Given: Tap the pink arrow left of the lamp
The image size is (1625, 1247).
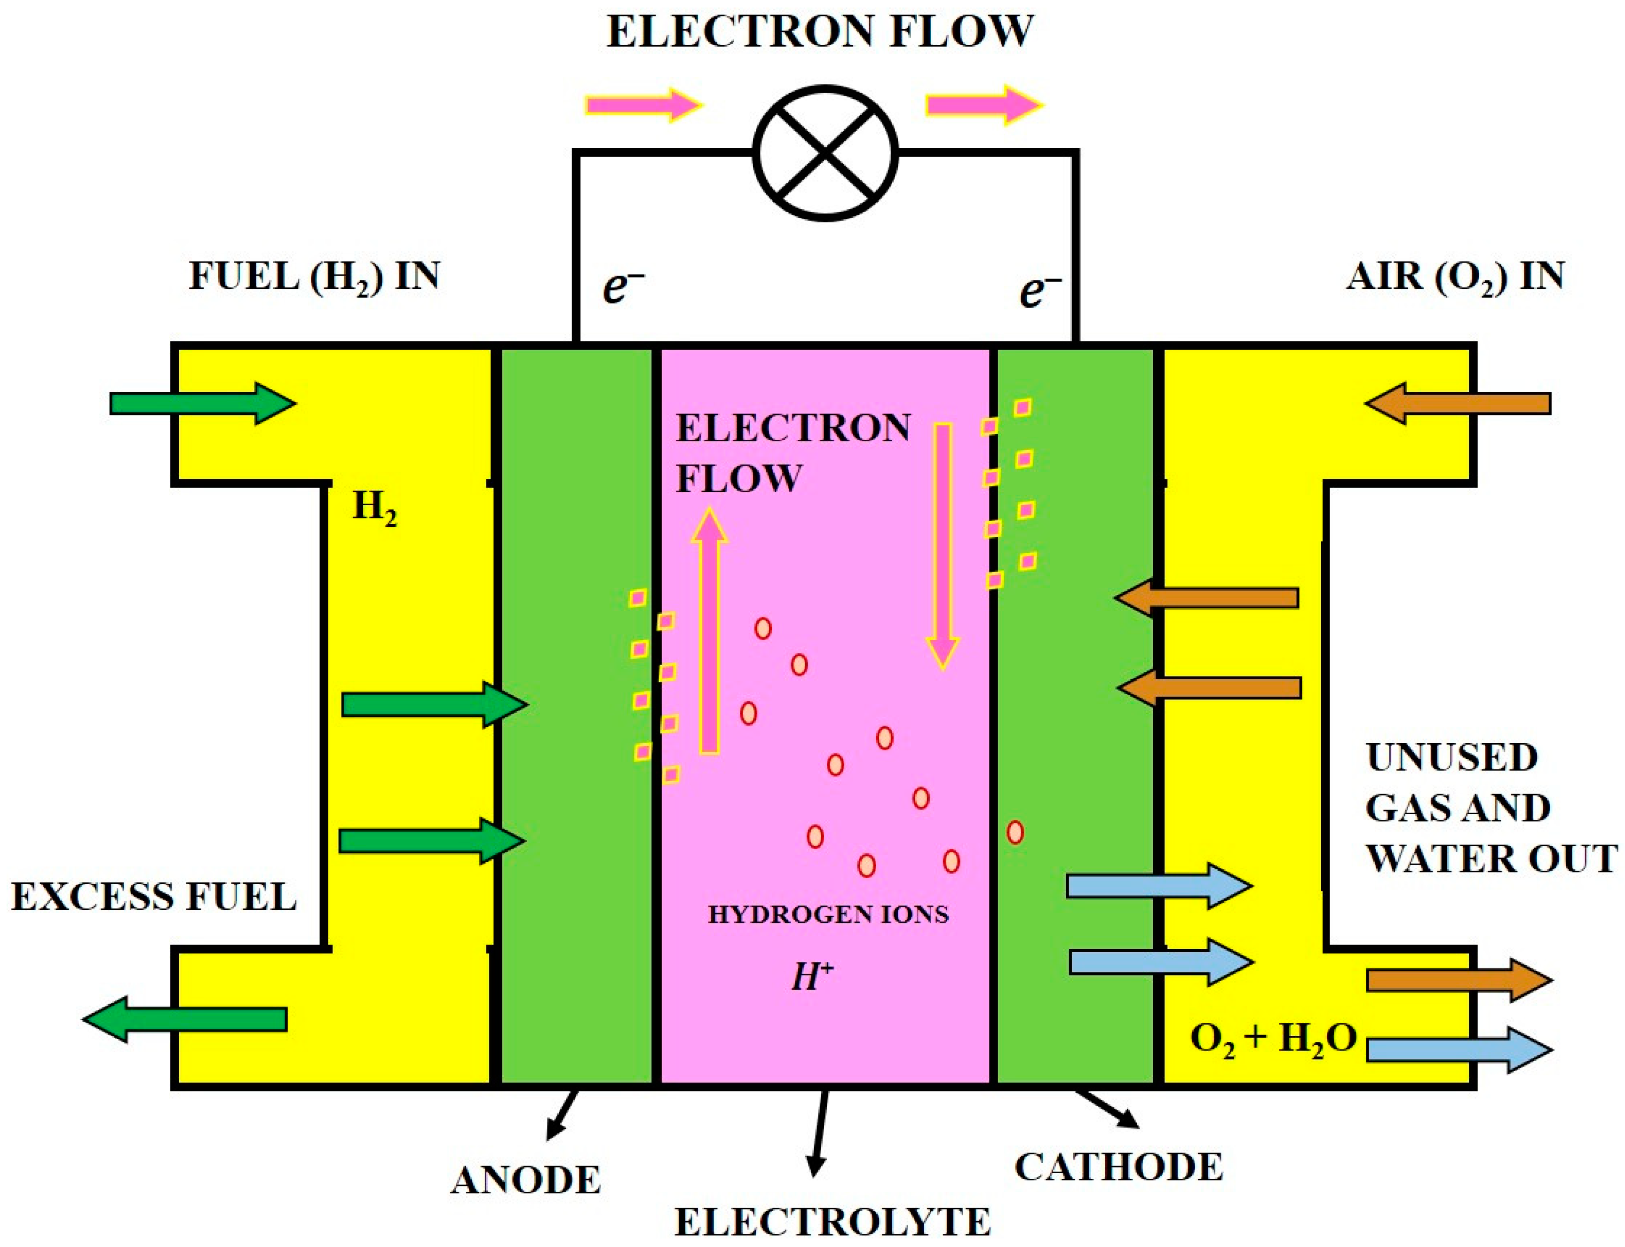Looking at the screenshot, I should tap(642, 104).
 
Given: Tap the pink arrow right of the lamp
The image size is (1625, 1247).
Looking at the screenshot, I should tap(983, 104).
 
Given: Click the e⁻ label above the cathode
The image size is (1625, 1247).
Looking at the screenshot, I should tap(1039, 289).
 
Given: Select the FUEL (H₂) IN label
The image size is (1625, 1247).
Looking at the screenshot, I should tap(314, 277).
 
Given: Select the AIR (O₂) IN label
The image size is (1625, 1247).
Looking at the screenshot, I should tap(1454, 277).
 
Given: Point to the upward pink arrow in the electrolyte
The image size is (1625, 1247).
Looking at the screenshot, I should tap(710, 631).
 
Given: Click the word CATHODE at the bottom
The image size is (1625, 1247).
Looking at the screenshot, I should tap(1118, 1167).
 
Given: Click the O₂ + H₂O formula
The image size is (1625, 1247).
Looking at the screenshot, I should tap(1273, 1039).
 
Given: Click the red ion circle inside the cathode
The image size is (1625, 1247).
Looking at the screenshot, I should tap(1015, 832).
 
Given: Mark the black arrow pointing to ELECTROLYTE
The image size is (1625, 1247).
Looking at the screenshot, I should tap(820, 1132).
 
